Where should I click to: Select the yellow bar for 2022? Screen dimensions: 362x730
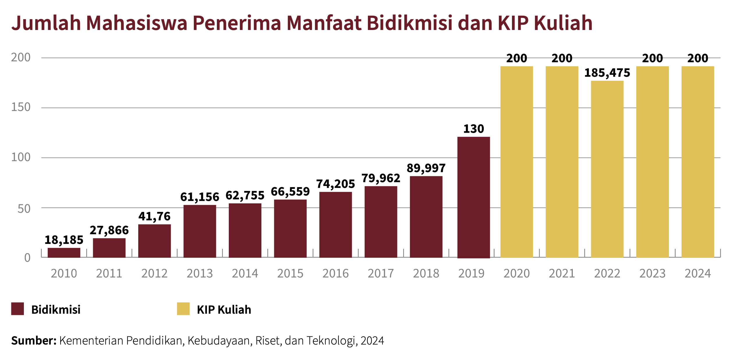(x=607, y=169)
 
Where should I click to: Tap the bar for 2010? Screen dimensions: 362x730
(x=64, y=253)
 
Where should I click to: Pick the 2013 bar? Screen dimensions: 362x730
(x=200, y=231)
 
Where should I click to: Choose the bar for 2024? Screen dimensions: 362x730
(x=698, y=162)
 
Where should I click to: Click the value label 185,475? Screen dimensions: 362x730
(x=607, y=73)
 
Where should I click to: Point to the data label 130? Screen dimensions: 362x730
(x=474, y=129)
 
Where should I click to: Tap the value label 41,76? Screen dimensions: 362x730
(x=154, y=216)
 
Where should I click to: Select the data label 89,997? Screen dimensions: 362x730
(x=426, y=168)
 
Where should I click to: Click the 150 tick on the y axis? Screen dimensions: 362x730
(x=21, y=107)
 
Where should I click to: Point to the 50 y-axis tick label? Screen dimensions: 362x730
(x=24, y=209)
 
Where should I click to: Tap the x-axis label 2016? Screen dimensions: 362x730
(x=335, y=274)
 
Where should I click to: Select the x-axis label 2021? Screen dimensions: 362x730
(x=562, y=274)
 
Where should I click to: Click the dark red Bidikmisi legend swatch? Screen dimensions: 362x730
(x=17, y=309)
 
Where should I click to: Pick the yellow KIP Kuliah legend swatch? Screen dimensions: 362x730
(x=183, y=309)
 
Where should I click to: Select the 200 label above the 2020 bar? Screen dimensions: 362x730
(x=517, y=58)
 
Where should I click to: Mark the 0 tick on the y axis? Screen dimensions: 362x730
(x=27, y=258)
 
